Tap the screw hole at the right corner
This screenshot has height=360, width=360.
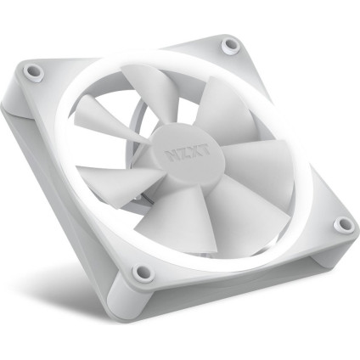[342, 224]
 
